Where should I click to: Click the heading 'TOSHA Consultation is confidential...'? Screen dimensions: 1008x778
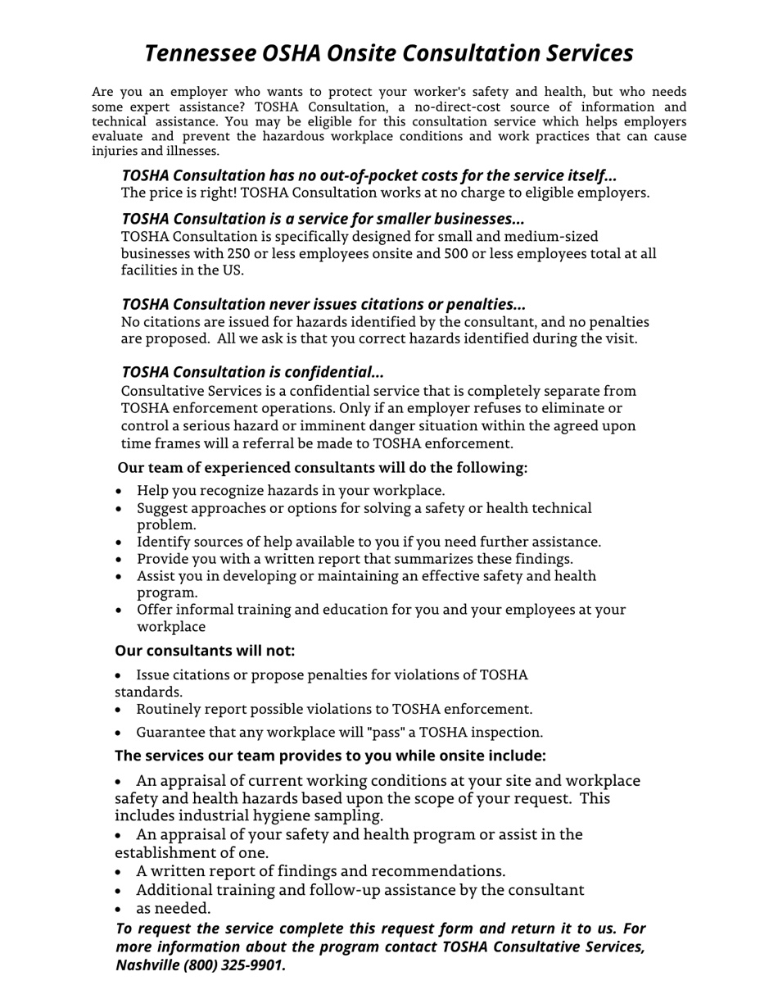pyautogui.click(x=252, y=372)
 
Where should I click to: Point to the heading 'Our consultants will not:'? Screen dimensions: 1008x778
pyautogui.click(x=204, y=651)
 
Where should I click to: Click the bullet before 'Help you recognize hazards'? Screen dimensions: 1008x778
pyautogui.click(x=120, y=491)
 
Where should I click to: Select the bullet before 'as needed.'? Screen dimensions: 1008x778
pyautogui.click(x=120, y=909)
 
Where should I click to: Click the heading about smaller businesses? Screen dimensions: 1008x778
pyautogui.click(x=323, y=219)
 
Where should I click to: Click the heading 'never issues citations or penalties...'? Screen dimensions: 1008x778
pyautogui.click(x=323, y=305)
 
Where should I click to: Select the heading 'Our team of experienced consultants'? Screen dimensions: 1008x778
pyautogui.click(x=322, y=468)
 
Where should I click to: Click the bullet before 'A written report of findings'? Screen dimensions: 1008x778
pyautogui.click(x=120, y=871)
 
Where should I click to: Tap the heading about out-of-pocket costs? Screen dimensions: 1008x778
pyautogui.click(x=369, y=175)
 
